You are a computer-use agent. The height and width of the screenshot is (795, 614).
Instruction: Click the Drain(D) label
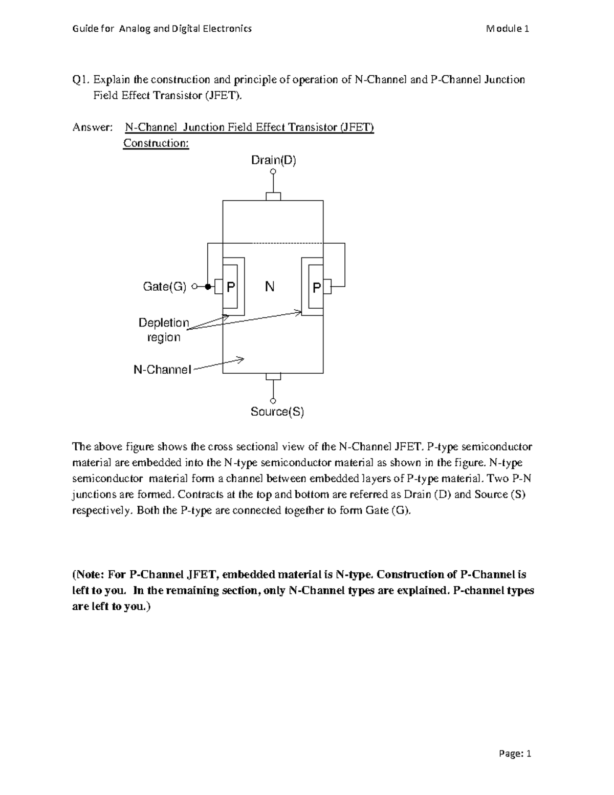coord(273,160)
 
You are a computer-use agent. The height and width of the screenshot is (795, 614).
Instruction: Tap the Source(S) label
coord(277,412)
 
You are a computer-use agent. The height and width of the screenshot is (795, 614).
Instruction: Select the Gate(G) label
coord(164,287)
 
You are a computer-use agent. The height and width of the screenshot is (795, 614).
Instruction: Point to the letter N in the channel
coord(270,287)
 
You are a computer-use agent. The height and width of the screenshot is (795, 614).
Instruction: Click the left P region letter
coord(231,287)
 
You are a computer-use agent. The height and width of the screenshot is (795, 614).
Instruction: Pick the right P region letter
coord(317,288)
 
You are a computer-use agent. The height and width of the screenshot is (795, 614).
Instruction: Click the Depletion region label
coord(164,330)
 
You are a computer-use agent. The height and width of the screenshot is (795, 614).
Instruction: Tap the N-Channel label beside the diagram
coord(162,369)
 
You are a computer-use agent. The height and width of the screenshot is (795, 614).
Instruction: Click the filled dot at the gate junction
coord(208,287)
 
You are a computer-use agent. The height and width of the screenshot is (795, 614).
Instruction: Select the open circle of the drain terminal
coord(273,171)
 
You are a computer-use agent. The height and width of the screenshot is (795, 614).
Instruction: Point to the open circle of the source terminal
coord(273,400)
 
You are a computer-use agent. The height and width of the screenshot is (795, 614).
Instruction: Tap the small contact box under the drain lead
coord(273,197)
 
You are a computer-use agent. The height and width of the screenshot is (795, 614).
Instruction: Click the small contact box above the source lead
coord(273,377)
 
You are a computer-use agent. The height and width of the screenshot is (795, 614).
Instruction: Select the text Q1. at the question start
coord(81,79)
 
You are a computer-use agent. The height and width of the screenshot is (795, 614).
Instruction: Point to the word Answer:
coord(92,127)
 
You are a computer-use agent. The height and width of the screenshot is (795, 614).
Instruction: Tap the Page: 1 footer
coord(514,754)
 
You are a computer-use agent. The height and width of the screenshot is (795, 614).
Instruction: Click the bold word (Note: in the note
coord(90,574)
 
